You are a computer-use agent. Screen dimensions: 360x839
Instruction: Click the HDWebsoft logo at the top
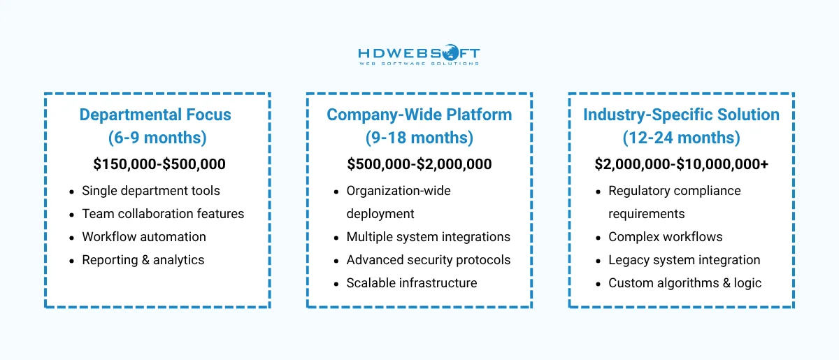(419, 55)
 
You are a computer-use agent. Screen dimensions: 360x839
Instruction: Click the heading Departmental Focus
(155, 115)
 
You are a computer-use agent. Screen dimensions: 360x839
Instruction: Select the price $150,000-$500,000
(159, 164)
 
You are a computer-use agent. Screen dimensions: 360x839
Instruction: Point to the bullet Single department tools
(150, 191)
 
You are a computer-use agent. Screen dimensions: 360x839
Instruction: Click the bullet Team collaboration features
(163, 214)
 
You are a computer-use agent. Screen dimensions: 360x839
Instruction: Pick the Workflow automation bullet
(143, 237)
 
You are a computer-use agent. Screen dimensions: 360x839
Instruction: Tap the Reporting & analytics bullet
(143, 260)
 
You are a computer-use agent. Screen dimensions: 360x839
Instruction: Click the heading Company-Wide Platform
(419, 115)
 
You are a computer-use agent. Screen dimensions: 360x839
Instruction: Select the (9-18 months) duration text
(419, 138)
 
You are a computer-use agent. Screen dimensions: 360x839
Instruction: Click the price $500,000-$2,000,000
(419, 164)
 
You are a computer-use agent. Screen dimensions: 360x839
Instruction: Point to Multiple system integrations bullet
(428, 237)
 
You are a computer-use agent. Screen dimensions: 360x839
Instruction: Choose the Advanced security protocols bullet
(428, 260)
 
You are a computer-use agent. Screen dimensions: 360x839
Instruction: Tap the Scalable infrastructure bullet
(411, 283)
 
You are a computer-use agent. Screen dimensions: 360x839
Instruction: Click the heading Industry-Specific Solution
(681, 115)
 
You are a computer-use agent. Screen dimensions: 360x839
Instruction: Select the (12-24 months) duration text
(681, 138)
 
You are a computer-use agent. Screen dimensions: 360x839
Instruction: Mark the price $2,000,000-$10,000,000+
(681, 164)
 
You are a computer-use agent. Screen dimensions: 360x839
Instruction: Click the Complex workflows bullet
(665, 237)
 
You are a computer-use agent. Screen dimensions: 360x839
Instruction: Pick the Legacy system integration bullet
(684, 260)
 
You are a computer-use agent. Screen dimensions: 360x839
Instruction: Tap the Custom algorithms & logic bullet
(684, 283)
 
